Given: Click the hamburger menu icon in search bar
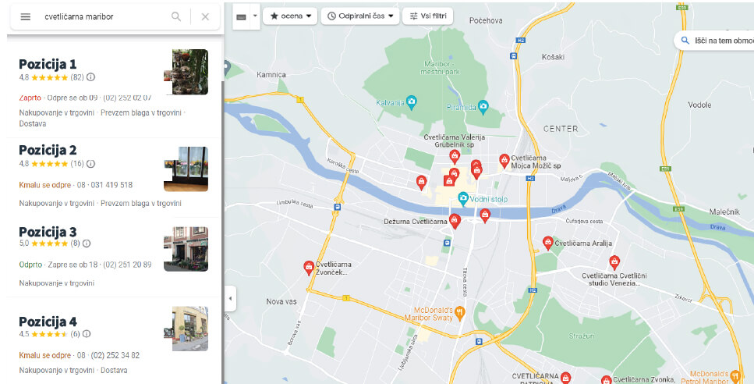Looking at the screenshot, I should (x=25, y=16).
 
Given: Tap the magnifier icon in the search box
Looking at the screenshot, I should (x=176, y=16).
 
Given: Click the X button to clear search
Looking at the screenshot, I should (x=205, y=16).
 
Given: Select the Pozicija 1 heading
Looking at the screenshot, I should (x=48, y=64).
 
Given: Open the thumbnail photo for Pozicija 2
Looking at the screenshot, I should (x=186, y=169).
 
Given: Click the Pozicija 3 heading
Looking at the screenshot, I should (x=48, y=232).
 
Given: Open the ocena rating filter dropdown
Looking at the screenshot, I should (x=290, y=16).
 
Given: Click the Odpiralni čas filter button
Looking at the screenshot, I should (x=359, y=16).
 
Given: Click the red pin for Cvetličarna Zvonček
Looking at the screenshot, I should (x=309, y=268).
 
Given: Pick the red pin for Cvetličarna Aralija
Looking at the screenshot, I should (x=547, y=243).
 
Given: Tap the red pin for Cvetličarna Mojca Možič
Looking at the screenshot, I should (x=504, y=160).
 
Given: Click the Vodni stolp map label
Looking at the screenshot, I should (x=488, y=199).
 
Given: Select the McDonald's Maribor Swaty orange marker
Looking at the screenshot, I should (x=460, y=313).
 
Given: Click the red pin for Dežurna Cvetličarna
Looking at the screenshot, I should (x=455, y=220).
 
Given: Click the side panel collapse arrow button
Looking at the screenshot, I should (x=230, y=298).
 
